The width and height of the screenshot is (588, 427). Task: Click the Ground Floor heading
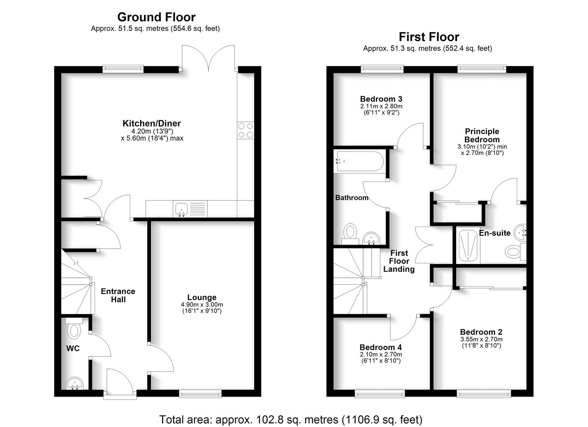point(156,17)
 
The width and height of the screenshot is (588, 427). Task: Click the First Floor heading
point(428,37)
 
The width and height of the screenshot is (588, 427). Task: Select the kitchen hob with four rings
point(245,130)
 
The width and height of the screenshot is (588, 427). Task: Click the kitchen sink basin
point(181,208)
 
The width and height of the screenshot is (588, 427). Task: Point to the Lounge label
point(202,297)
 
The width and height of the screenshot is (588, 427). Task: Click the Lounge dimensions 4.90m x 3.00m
point(202,304)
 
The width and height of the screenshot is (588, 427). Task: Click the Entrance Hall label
point(118,295)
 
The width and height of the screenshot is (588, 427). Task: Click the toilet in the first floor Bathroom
point(350,232)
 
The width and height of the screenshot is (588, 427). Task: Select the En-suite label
point(495,233)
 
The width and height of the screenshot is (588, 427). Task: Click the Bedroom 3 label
point(381,99)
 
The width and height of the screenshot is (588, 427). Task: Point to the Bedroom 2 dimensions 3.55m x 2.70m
point(481,339)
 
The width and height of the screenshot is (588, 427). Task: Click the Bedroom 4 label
point(381,347)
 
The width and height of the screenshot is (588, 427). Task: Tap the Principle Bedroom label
point(482,135)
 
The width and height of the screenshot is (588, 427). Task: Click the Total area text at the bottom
point(291,419)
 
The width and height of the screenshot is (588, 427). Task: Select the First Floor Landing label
point(399,261)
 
